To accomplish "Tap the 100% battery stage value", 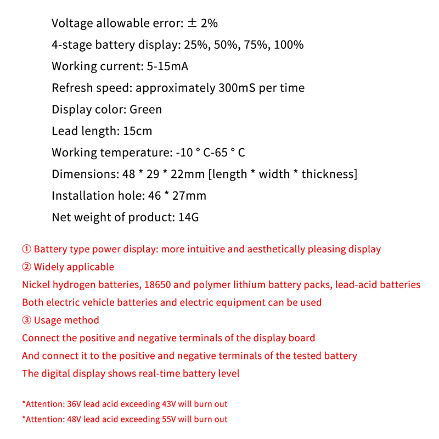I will [289, 44].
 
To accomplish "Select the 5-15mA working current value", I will [168, 66].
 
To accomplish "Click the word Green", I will [145, 109].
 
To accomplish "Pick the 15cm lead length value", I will [138, 131].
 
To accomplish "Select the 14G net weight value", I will [188, 217].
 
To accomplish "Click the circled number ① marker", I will [27, 249].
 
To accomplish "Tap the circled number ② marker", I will [27, 267].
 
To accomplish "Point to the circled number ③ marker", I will [27, 320].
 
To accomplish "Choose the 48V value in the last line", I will [72, 419].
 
